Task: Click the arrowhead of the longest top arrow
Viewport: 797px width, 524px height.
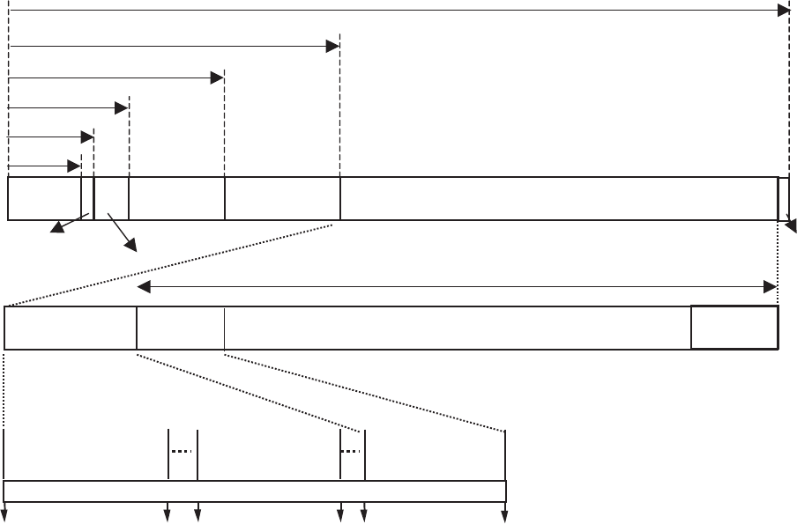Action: click(783, 10)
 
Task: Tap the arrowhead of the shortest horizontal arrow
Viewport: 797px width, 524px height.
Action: click(75, 166)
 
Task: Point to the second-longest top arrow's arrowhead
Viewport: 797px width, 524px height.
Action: click(333, 46)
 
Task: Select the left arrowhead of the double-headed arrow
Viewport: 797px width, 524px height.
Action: click(144, 287)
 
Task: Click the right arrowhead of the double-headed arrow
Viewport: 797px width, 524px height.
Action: click(770, 287)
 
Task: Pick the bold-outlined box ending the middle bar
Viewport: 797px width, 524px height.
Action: click(734, 328)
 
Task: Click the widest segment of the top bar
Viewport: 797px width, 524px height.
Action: click(559, 198)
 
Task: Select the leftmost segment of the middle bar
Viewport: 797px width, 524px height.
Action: click(71, 328)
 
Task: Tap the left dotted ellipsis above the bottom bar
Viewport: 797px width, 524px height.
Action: click(182, 451)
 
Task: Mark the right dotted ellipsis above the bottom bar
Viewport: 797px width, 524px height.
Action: click(352, 451)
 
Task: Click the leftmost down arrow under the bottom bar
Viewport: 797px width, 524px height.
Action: click(4, 516)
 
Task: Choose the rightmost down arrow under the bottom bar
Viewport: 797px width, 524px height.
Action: click(505, 516)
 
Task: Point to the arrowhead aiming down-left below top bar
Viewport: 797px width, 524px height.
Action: click(56, 231)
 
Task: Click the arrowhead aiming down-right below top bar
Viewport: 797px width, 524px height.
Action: click(133, 247)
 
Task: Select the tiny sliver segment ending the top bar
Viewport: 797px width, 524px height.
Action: click(784, 198)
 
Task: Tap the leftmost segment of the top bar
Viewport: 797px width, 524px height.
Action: click(44, 198)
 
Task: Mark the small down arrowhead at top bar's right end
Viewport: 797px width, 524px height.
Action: click(791, 224)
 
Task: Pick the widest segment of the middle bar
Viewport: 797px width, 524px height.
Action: click(458, 328)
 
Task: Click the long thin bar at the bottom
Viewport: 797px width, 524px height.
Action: click(255, 491)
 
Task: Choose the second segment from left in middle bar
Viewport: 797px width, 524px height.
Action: click(181, 328)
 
